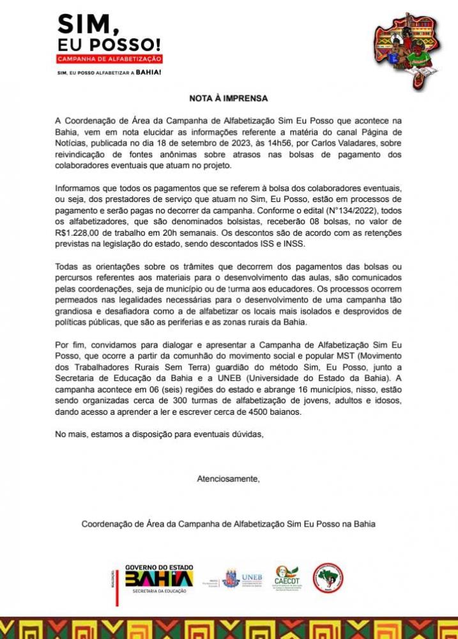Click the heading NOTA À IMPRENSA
pyautogui.click(x=228, y=99)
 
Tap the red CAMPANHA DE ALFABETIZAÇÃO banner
pyautogui.click(x=110, y=59)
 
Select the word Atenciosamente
pyautogui.click(x=228, y=479)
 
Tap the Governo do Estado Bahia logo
pyautogui.click(x=157, y=580)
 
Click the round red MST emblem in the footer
pyautogui.click(x=328, y=578)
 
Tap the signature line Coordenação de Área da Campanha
pyautogui.click(x=228, y=524)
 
